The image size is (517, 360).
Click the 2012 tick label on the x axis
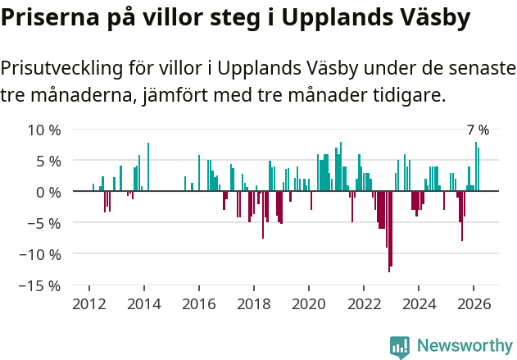[x=88, y=304]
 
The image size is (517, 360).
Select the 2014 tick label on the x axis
[x=143, y=304]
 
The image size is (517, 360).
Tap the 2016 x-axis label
[x=198, y=304]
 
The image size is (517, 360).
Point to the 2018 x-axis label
[x=253, y=304]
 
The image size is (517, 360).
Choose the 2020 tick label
[x=309, y=304]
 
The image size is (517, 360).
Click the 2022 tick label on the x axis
[x=364, y=304]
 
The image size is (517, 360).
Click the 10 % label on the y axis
[x=44, y=130]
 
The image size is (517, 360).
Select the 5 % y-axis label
[x=48, y=161]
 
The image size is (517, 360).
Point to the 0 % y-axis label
[x=48, y=192]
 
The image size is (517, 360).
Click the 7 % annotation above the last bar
[x=477, y=130]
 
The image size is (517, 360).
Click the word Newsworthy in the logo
[x=465, y=346]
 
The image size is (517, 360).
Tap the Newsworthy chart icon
[x=400, y=347]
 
